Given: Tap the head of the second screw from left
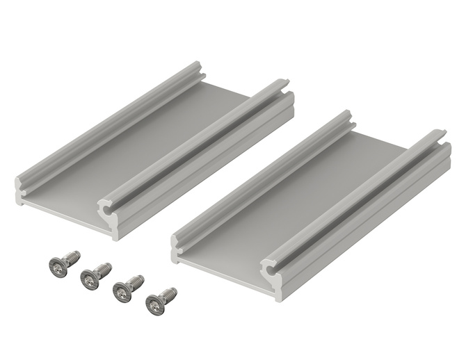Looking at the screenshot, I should click(88, 278).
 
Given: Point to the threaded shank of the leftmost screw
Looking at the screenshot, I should click(72, 257).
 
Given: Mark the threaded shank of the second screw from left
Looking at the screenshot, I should click(104, 268).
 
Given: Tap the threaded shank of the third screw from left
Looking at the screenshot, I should click(137, 281).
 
